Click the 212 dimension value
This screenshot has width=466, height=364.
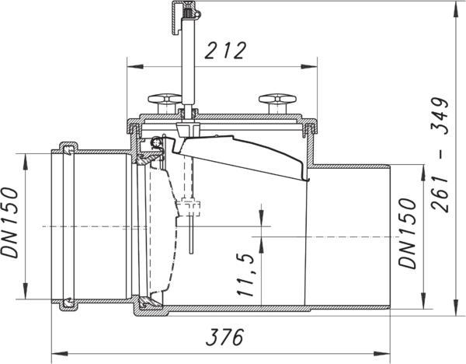225,51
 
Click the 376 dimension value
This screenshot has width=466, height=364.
225,338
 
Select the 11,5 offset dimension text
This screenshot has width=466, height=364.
245,275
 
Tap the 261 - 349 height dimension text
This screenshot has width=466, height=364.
440,155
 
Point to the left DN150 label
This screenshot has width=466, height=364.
9,222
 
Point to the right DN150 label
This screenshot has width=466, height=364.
408,233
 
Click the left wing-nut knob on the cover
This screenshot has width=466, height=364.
165,103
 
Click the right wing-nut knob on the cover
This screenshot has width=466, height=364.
277,103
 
